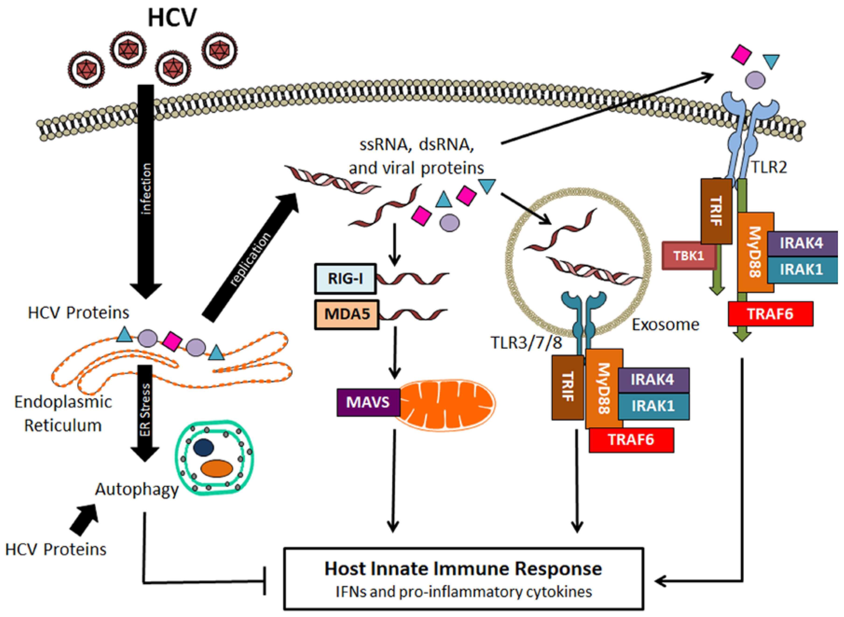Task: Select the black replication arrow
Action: pos(250,258)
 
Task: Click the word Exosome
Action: pos(665,325)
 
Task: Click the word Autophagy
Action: pos(137,489)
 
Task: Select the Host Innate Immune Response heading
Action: pos(463,569)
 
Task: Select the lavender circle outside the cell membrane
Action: pos(755,80)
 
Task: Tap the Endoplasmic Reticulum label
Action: pos(63,414)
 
